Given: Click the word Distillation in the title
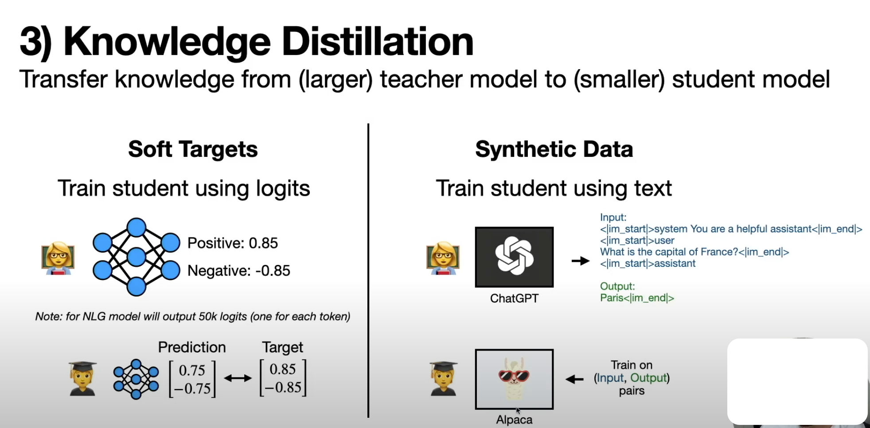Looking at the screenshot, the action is click(378, 42).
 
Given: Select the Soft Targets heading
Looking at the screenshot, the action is click(193, 149).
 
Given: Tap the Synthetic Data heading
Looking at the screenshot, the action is click(554, 149).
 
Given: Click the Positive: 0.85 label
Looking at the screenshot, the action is click(233, 243).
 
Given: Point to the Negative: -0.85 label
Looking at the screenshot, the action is click(239, 270).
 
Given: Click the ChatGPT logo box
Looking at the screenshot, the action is click(514, 257).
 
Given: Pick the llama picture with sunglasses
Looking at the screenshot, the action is click(514, 379).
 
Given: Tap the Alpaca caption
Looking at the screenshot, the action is click(514, 420).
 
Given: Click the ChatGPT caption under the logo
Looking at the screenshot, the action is click(514, 298).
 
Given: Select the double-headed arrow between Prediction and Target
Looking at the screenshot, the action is click(238, 378).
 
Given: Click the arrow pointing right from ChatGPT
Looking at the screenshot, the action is click(581, 261).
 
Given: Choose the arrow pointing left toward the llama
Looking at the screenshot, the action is click(575, 379).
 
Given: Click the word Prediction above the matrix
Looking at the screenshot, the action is click(192, 347).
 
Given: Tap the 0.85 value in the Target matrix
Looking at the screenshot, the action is click(282, 369).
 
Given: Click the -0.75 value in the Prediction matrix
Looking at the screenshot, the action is click(192, 389).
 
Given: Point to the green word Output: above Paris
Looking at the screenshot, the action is click(617, 286).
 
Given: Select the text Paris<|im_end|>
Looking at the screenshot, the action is click(637, 298).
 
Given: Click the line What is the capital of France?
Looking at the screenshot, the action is click(669, 252).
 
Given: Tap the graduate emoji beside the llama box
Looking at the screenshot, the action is click(443, 379).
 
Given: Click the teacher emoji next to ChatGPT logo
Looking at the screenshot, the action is click(443, 258).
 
